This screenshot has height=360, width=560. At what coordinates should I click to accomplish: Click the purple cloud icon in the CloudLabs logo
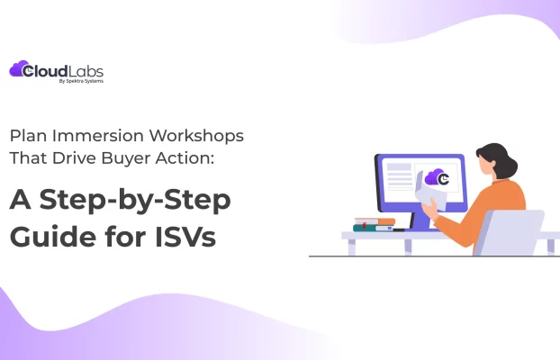point(18,69)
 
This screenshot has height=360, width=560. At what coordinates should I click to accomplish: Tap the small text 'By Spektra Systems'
point(86,81)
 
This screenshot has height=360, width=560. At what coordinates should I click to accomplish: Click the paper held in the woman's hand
point(430,190)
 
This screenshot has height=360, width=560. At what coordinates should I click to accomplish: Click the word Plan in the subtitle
point(27,136)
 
